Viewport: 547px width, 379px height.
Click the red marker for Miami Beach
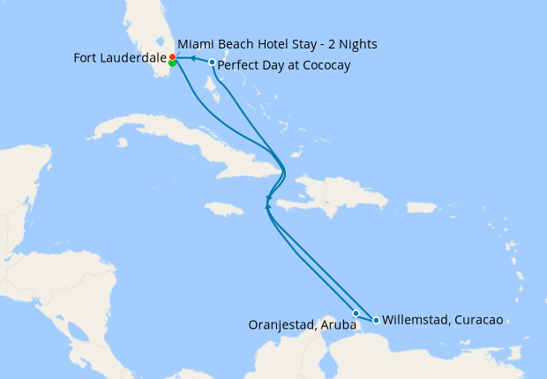(x=172, y=57)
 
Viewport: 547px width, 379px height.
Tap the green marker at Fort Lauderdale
(x=172, y=63)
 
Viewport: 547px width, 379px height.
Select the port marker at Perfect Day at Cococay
(x=212, y=62)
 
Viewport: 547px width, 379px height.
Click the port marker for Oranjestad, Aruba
(x=356, y=313)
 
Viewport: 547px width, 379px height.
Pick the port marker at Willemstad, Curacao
(x=377, y=320)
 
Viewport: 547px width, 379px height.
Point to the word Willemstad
(x=414, y=320)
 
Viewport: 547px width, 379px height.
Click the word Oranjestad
(x=281, y=325)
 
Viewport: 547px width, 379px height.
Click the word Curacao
(x=477, y=320)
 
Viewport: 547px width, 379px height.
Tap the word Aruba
(x=339, y=325)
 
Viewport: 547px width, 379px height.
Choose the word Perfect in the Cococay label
(x=237, y=65)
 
